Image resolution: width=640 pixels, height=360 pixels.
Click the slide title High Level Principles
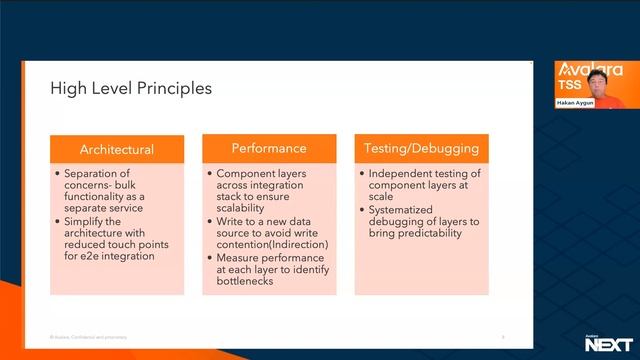(131, 89)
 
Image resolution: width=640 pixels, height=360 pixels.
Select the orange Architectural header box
(117, 149)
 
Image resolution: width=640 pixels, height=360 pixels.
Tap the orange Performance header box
(269, 148)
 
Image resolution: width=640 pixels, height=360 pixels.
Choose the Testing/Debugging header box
(420, 148)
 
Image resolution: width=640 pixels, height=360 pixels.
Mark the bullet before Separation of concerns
(57, 173)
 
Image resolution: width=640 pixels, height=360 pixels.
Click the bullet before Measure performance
(209, 257)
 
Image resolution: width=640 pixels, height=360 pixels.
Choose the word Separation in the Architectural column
(90, 173)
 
